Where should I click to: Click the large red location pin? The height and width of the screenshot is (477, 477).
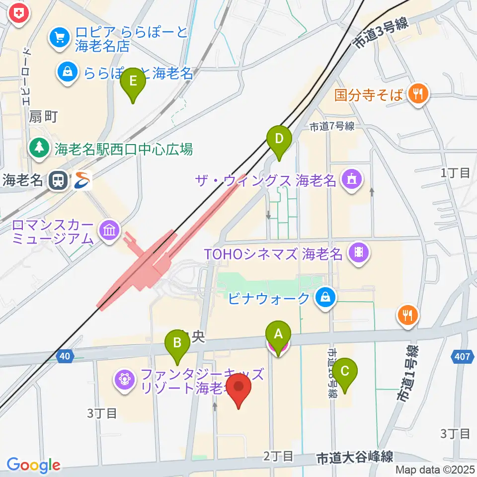click(x=239, y=389)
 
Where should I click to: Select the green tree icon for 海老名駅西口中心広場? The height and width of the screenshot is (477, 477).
click(x=39, y=148)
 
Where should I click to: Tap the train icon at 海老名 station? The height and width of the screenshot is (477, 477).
click(x=59, y=180)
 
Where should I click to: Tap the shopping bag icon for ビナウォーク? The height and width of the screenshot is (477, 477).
click(x=325, y=298)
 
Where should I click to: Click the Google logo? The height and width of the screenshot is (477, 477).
click(x=33, y=465)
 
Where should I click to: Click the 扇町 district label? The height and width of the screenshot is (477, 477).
click(x=44, y=117)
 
